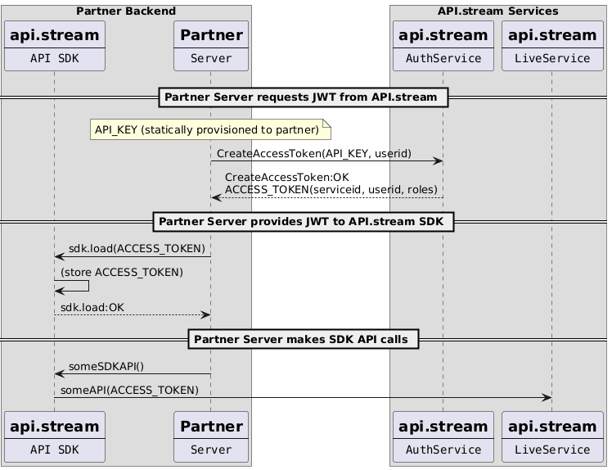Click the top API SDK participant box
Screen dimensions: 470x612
[54, 46]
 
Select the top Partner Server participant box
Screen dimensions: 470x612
[210, 46]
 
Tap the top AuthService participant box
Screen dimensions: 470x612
[443, 46]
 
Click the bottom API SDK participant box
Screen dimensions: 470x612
[54, 437]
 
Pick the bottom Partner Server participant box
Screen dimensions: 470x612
[210, 437]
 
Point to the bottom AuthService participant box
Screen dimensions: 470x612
[443, 437]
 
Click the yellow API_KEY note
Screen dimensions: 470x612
[209, 129]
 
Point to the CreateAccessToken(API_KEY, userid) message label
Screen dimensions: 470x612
[313, 154]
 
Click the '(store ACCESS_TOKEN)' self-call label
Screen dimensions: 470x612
[122, 272]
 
